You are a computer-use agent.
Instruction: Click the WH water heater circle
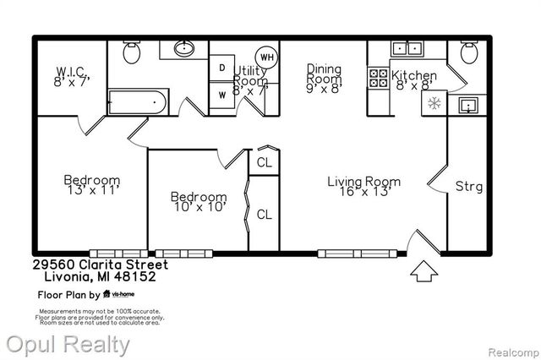[x=267, y=57]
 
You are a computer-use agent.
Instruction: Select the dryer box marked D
[x=221, y=68]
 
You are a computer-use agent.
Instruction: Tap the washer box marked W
[x=221, y=94]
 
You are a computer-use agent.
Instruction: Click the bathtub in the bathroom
[x=138, y=103]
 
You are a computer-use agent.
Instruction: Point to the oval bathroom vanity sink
[x=184, y=48]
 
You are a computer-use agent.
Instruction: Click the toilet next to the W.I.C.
[x=131, y=52]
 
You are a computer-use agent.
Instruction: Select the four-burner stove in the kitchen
[x=378, y=79]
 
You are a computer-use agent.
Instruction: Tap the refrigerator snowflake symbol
[x=434, y=103]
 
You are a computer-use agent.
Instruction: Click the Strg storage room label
[x=469, y=186]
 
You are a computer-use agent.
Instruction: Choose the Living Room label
[x=363, y=182]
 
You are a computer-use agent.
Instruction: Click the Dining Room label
[x=323, y=68]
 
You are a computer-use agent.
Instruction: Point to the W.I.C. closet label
[x=72, y=71]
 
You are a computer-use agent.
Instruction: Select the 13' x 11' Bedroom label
[x=92, y=180]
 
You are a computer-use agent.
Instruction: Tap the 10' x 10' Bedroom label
[x=199, y=197]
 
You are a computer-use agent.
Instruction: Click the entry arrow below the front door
[x=422, y=272]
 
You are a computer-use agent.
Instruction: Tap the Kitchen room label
[x=413, y=76]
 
